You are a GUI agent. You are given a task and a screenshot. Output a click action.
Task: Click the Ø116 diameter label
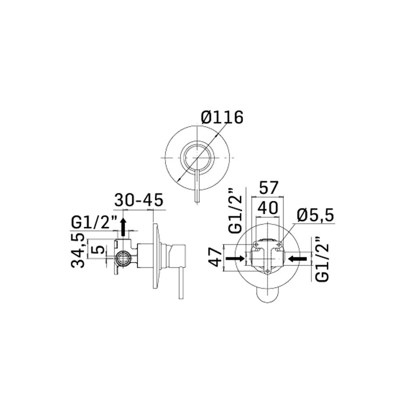[222, 117]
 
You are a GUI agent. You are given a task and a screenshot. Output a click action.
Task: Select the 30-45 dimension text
[139, 200]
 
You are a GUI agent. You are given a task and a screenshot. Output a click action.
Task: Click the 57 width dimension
[269, 188]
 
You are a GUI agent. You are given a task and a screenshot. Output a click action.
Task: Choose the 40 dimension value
[268, 208]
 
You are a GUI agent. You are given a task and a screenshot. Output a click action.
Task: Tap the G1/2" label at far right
[322, 259]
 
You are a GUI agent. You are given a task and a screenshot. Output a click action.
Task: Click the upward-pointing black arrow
[123, 227]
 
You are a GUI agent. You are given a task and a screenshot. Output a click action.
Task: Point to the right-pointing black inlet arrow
[235, 258]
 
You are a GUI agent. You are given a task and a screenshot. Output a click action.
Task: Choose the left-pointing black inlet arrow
[298, 258]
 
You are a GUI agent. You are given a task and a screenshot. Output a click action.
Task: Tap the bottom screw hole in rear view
[267, 271]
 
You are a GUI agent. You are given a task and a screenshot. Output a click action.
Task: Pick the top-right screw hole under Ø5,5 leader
[279, 244]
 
